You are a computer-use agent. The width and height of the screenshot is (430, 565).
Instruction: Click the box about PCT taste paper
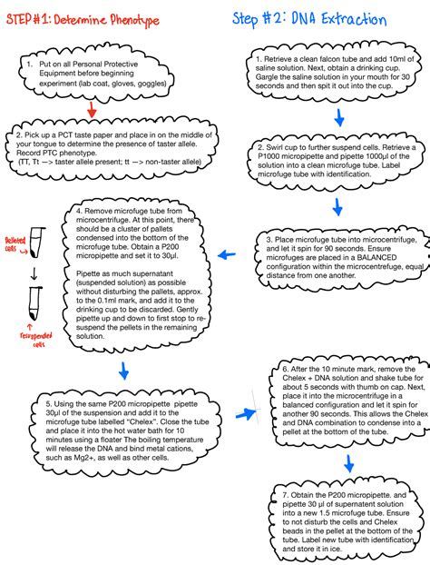point(118,149)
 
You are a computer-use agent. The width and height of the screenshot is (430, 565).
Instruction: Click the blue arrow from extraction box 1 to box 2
point(337,117)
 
